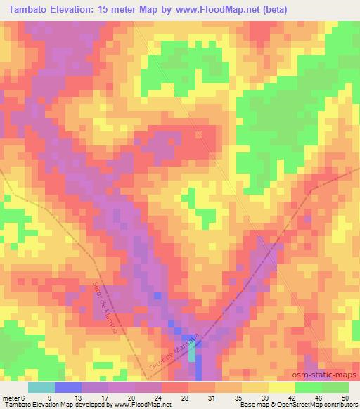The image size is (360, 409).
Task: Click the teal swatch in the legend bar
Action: click(x=41, y=387)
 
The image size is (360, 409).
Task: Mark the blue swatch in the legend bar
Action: click(x=67, y=387)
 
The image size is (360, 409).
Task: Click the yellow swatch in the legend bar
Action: click(x=281, y=387)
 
